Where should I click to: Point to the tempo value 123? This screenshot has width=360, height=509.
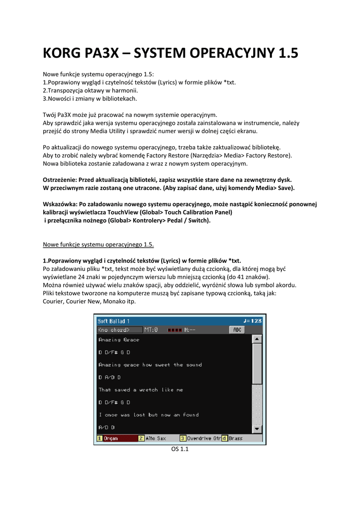coord(256,321)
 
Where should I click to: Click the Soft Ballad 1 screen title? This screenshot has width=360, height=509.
coord(114,321)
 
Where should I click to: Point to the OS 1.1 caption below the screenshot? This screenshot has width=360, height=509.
coord(180,449)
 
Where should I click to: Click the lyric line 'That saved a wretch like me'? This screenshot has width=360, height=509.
coord(141,390)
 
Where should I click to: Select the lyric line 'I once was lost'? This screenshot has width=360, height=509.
coord(148,415)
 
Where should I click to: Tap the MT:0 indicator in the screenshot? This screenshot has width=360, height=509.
coord(151,330)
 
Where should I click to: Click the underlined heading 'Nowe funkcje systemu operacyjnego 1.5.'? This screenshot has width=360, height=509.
coord(98,244)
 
